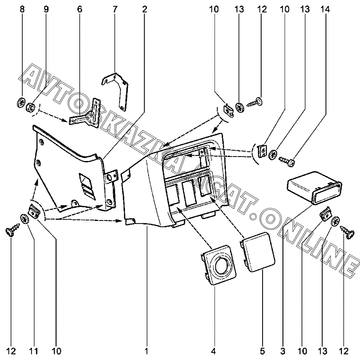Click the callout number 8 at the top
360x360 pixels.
coord(22,10)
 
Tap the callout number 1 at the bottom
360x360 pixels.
coord(146,351)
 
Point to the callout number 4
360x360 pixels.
coord(213,351)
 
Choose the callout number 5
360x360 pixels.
coord(262,351)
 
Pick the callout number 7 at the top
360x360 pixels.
coord(115,10)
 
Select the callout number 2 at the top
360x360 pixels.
coord(144,10)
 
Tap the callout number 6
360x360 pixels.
coord(80,10)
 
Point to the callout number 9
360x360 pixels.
coord(46,10)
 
